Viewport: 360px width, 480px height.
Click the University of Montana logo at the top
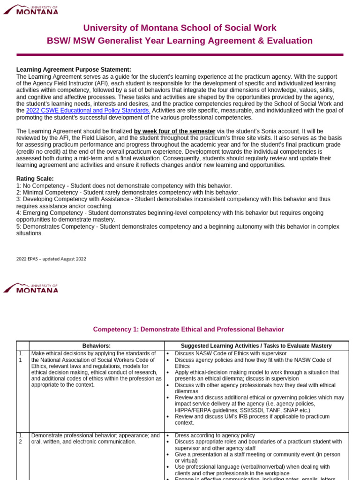coord(31,9)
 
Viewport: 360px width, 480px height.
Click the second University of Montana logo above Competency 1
coord(31,288)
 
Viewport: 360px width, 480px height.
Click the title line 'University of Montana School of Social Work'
coord(180,28)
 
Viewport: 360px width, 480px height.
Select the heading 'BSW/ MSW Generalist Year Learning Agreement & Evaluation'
coord(180,41)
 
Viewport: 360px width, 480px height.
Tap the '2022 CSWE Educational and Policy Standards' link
coord(88,110)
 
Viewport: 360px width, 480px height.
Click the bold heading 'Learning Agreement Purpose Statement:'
coord(74,70)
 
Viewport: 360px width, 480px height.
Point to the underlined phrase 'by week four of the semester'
coord(175,131)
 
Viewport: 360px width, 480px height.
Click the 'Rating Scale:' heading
coord(35,179)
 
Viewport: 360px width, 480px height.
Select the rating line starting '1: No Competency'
coord(124,186)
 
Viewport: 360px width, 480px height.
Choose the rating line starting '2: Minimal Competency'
coord(127,192)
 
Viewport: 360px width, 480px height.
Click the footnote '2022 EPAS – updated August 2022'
coord(51,259)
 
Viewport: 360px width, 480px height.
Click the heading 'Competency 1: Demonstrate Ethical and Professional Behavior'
coord(188,330)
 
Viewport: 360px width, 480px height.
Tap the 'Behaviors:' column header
coord(97,346)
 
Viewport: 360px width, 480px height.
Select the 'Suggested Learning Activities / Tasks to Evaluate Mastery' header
coord(256,346)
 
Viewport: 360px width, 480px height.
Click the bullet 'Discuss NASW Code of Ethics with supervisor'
coord(230,353)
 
